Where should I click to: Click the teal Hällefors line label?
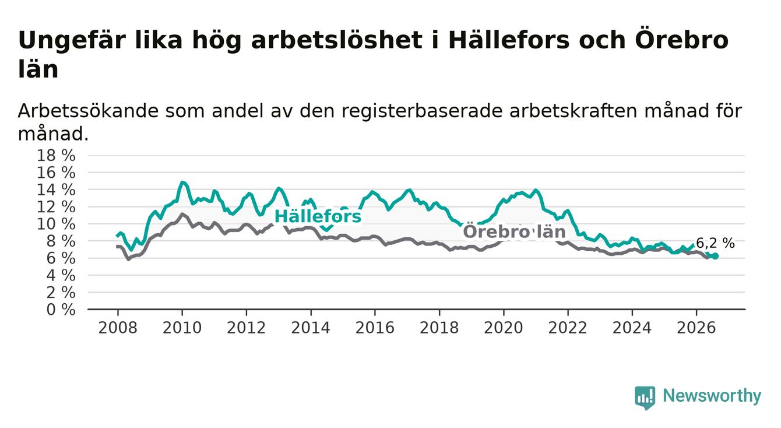[318, 216]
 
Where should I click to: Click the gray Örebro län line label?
[514, 231]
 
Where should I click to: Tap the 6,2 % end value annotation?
[715, 243]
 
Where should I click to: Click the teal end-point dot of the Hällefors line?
[716, 256]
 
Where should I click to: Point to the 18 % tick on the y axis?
[56, 155]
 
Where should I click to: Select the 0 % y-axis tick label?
[61, 310]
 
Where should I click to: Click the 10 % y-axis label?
[56, 224]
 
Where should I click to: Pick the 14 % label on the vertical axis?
[56, 190]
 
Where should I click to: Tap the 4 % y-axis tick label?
[61, 276]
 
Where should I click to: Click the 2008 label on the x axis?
[118, 328]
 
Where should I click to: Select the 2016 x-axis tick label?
[375, 328]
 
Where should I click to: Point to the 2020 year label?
[504, 328]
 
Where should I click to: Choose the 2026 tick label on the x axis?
[696, 328]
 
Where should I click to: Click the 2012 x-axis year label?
[246, 328]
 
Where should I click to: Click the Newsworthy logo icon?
[645, 398]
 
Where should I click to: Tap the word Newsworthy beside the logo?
[712, 396]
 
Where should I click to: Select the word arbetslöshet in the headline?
[336, 40]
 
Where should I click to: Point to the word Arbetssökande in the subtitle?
[88, 111]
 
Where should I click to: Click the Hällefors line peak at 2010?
[182, 182]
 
